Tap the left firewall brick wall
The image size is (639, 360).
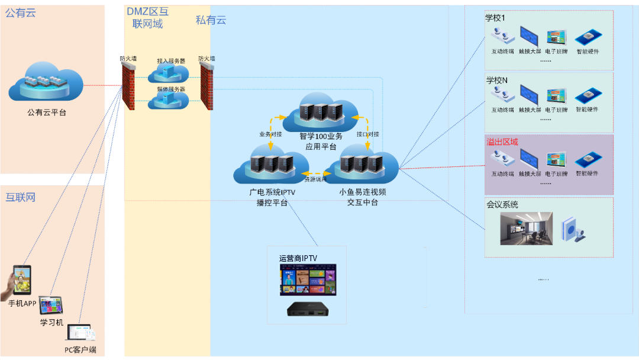128,85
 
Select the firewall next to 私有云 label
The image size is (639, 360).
206,85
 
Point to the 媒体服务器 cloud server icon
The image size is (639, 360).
168,100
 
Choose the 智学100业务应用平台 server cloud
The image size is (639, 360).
320,112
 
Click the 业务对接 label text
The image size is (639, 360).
270,134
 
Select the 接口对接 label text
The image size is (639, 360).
368,134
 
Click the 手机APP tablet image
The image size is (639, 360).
22,282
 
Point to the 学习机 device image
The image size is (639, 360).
51,306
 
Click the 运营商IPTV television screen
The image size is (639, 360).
308,279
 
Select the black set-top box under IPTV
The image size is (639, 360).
308,310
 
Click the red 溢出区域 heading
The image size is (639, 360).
502,142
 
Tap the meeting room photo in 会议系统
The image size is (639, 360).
526,228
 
